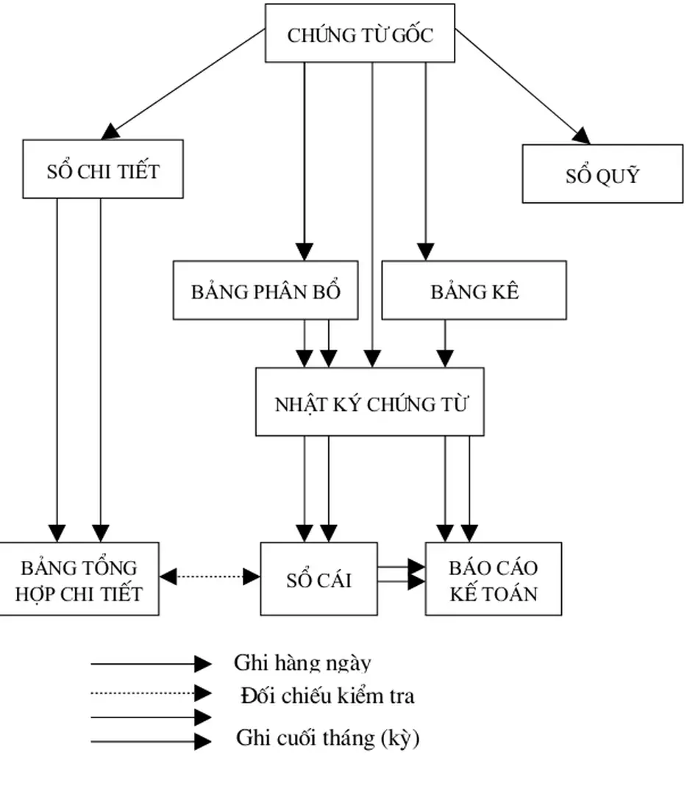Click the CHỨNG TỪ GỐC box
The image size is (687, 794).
[x=360, y=33]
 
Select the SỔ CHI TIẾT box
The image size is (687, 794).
[x=103, y=169]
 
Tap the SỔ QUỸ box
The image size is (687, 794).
[x=602, y=174]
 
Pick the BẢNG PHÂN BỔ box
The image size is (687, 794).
[x=266, y=290]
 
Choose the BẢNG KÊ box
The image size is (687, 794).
[x=474, y=290]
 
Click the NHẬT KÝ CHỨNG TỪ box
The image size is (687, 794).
[x=370, y=402]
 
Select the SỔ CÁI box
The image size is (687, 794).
[x=318, y=579]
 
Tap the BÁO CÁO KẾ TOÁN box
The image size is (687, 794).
[x=494, y=579]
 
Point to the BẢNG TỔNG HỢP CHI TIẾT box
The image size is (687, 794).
[x=79, y=579]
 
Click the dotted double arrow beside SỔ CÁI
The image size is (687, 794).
[x=210, y=577]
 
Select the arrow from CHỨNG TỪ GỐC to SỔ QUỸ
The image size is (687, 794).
[x=522, y=86]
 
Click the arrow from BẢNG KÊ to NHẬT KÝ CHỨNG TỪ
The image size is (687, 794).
[x=444, y=343]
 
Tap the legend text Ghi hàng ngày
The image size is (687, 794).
[x=302, y=663]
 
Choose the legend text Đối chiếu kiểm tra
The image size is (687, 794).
[x=327, y=695]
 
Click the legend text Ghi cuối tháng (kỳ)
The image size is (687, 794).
[x=327, y=738]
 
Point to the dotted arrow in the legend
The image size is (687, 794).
[x=151, y=693]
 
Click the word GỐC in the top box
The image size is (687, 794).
[x=412, y=35]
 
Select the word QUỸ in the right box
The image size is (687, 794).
[x=622, y=176]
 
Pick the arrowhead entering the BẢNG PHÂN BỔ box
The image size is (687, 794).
[x=305, y=251]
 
